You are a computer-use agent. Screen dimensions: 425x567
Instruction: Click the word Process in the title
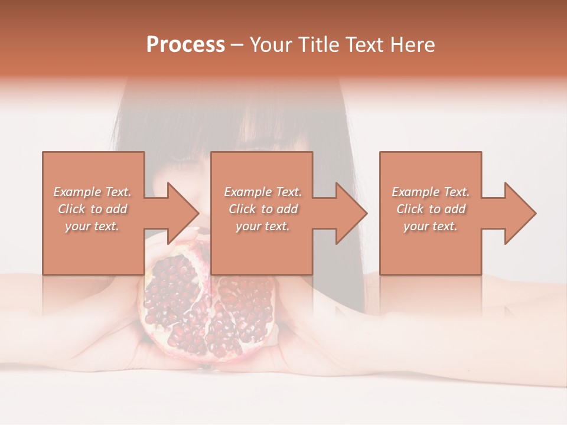pos(185,45)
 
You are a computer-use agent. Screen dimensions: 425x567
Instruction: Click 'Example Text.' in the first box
pos(93,192)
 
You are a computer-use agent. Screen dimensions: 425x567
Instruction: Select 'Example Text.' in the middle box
pos(263,192)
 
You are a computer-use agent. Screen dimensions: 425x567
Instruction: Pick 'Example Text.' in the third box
pos(431,192)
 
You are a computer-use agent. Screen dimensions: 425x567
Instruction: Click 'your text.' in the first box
pos(92,226)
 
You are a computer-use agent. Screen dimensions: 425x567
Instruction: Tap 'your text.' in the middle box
pos(262,226)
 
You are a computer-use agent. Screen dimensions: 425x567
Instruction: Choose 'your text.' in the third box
pos(430,226)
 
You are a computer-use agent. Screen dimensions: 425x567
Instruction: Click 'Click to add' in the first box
pos(93,209)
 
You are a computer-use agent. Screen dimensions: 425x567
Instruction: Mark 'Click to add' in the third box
pos(431,209)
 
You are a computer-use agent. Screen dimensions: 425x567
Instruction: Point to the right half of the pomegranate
pos(245,313)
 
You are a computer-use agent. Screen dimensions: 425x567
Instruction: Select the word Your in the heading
pos(271,45)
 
